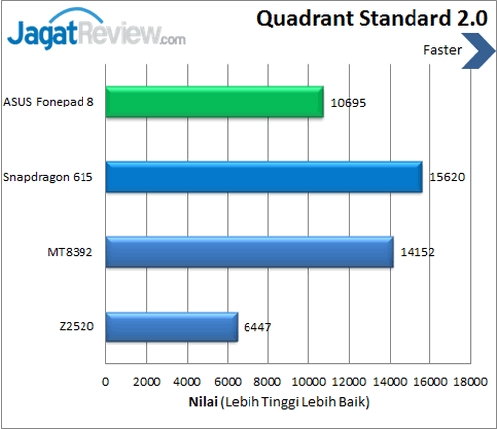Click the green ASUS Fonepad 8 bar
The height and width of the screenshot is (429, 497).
pyautogui.click(x=214, y=102)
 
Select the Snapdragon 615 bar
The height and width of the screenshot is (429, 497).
pyautogui.click(x=263, y=176)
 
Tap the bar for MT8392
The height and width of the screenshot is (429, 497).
pyautogui.click(x=248, y=252)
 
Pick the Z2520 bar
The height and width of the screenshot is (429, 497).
pyautogui.click(x=171, y=326)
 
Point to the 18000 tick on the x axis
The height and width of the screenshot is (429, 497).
pyautogui.click(x=471, y=381)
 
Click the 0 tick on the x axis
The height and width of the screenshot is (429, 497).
pyautogui.click(x=106, y=381)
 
